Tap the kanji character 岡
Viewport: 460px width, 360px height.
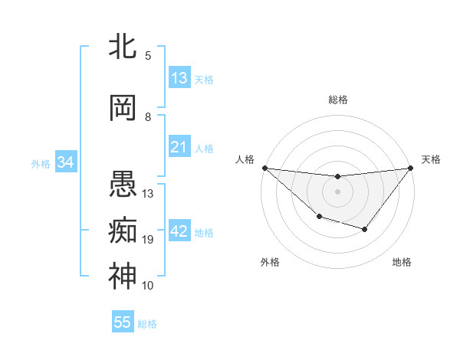[123, 108]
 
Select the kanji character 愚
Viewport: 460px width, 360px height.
[123, 184]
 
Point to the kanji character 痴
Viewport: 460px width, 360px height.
[123, 230]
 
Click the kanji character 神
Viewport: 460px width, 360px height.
[123, 276]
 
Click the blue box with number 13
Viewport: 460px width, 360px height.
[179, 78]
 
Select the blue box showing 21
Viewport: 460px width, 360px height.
[179, 147]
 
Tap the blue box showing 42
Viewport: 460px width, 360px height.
[179, 232]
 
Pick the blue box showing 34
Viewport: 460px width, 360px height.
[65, 162]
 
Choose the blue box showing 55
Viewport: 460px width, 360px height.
[123, 322]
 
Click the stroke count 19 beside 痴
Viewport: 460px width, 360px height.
[148, 240]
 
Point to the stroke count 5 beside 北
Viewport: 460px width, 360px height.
[148, 55]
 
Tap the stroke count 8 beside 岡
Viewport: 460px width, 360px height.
[148, 116]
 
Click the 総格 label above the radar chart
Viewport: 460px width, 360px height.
[337, 100]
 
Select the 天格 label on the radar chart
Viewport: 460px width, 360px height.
[431, 159]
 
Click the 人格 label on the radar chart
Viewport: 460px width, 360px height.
[245, 159]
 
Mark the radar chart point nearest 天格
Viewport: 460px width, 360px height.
[411, 168]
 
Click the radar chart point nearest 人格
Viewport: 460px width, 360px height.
[264, 168]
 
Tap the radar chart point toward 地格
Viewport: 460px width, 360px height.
[365, 229]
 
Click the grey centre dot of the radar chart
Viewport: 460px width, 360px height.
[337, 191]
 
